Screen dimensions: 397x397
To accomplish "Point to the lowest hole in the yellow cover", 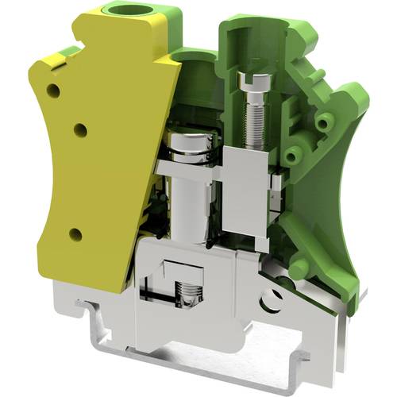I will coord(76,233).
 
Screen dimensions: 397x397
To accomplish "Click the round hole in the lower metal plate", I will coord(273,299).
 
